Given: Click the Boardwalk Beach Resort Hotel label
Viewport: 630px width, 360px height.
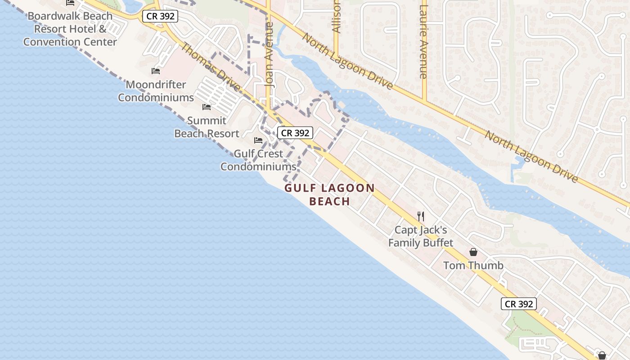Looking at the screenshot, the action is [x=70, y=29].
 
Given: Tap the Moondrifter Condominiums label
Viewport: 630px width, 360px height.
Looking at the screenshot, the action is [x=156, y=91].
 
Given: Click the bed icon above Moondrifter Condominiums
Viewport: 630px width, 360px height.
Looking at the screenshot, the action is [x=156, y=71].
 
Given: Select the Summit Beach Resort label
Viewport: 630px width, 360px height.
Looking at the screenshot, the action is [x=207, y=127].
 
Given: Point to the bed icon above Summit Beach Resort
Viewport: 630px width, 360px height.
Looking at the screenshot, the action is [x=207, y=107].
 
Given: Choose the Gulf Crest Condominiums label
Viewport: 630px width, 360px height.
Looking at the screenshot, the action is [x=258, y=160].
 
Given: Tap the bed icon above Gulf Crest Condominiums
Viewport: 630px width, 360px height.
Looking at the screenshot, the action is [x=258, y=140].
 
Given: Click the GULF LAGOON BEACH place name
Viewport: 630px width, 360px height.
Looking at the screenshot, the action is [x=329, y=194].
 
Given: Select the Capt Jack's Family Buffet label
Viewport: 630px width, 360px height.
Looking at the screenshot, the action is [x=421, y=236].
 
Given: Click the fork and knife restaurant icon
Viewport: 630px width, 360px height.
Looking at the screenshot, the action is [x=421, y=216].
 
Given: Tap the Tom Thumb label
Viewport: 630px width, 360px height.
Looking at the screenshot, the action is [x=473, y=265].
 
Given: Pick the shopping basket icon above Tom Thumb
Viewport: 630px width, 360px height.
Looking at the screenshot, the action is [x=473, y=252].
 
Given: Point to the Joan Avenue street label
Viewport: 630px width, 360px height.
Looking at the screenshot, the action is [x=270, y=54].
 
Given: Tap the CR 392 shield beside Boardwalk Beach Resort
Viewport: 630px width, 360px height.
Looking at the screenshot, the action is [x=161, y=16].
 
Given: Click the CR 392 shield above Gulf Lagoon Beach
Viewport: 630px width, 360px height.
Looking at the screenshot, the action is [x=295, y=133].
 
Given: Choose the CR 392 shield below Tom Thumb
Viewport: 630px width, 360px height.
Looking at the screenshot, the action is [x=519, y=304].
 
